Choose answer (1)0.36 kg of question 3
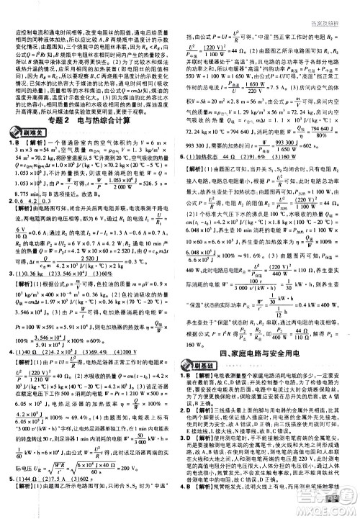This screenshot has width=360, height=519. coord(37,294)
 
